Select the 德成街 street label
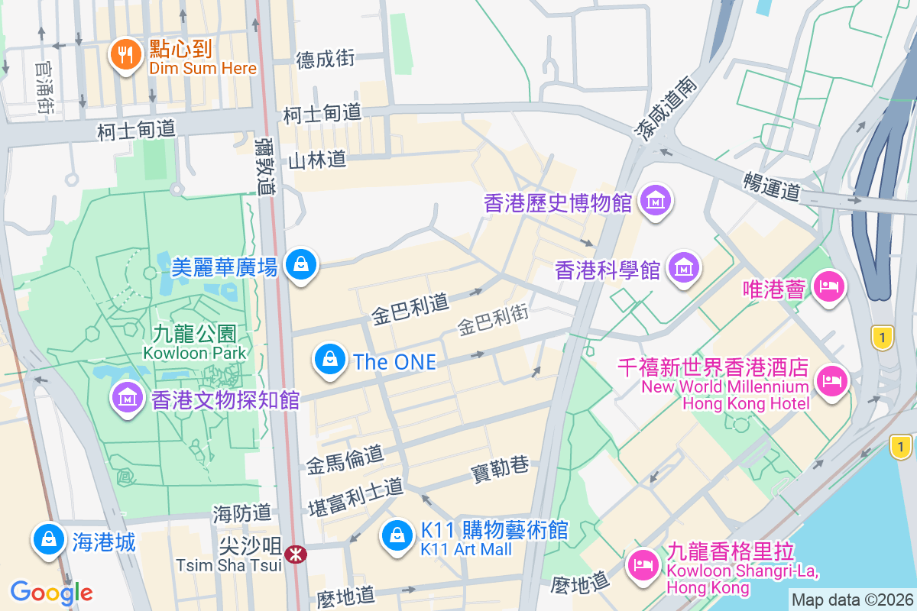click(326, 59)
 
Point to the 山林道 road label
click(317, 160)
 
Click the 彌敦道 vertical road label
click(265, 166)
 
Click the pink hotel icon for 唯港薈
click(828, 287)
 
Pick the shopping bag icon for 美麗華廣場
click(301, 264)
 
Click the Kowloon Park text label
click(194, 353)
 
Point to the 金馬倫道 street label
click(345, 459)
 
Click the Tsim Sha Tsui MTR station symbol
click(295, 554)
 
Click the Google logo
click(51, 592)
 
